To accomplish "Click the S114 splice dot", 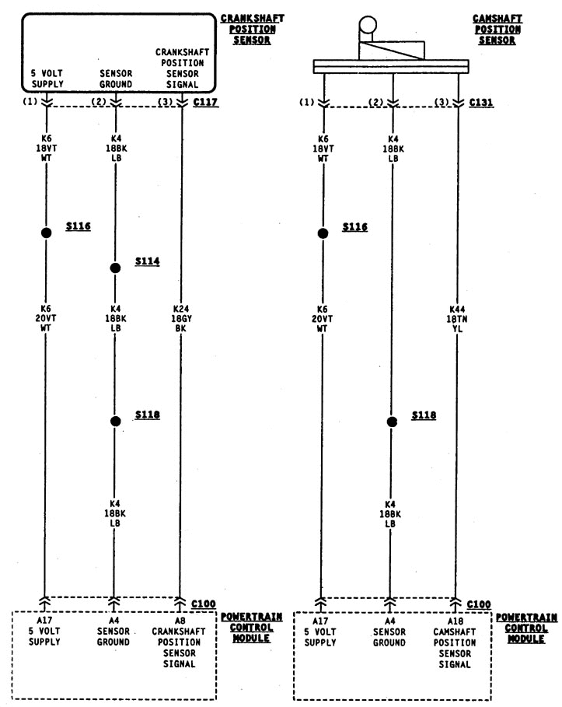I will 115,268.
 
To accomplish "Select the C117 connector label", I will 205,102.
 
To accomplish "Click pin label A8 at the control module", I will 180,621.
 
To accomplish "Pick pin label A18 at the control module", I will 456,621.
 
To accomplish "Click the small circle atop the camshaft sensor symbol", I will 366,26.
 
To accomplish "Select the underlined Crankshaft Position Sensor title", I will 247,29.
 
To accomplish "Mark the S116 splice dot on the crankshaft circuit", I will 45,233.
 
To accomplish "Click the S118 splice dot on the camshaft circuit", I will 392,421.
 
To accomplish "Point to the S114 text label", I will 147,261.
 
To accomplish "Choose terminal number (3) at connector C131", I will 442,102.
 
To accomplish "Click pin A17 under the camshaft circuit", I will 320,621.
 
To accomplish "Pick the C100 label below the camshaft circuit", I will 480,604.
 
